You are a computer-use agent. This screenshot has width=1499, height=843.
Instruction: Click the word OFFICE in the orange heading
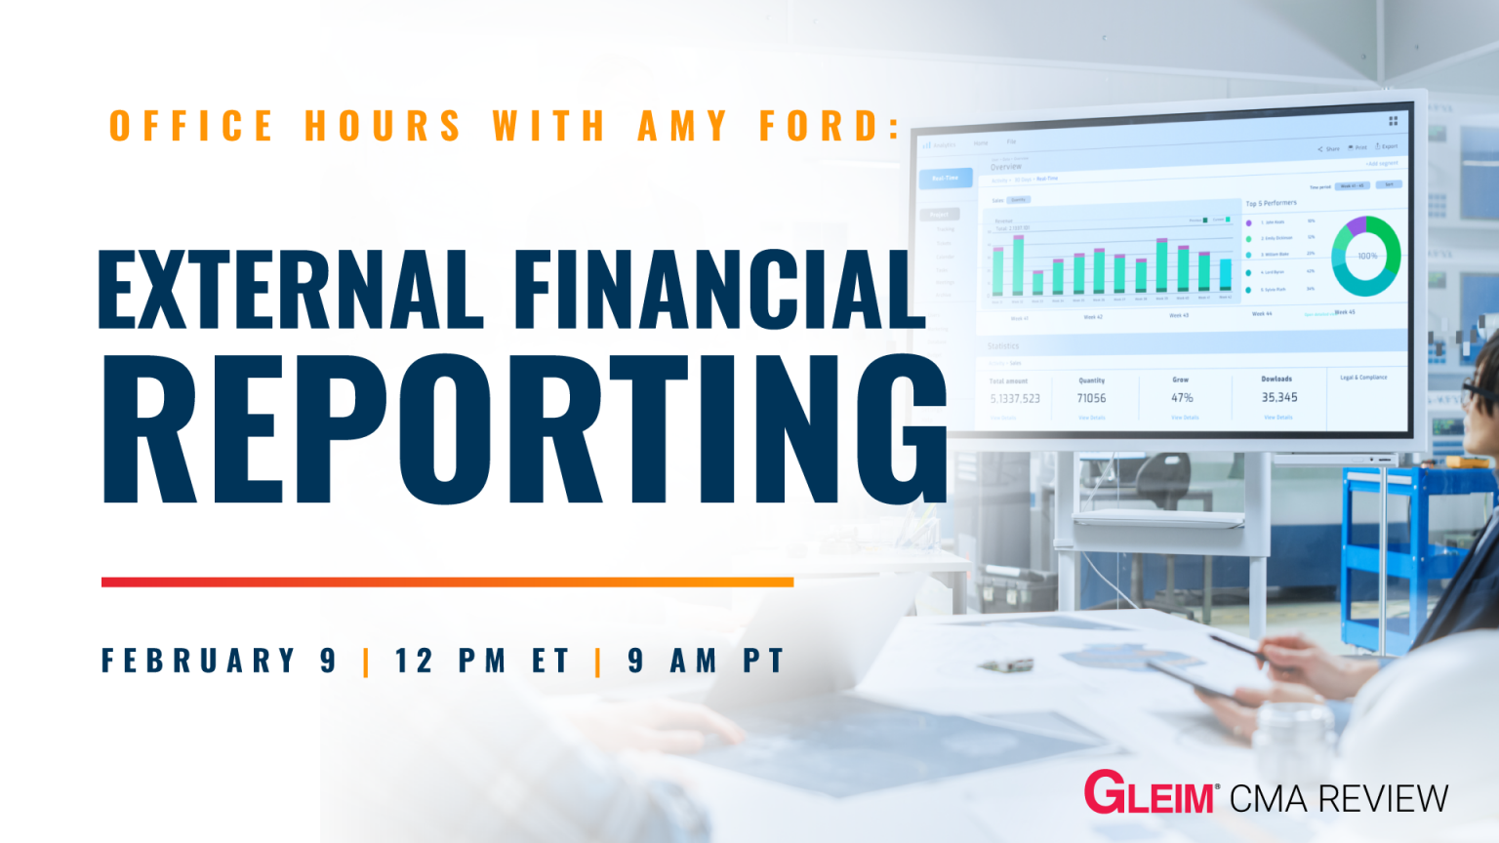[x=191, y=127]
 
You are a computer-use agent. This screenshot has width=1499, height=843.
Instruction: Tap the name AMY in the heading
[x=683, y=127]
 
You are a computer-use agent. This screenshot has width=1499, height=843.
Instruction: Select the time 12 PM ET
[x=482, y=661]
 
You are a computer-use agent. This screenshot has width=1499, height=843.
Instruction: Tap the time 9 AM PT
[x=706, y=661]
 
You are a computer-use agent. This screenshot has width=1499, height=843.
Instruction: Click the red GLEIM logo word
[x=1149, y=793]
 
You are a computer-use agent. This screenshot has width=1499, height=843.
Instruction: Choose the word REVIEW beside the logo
[x=1383, y=799]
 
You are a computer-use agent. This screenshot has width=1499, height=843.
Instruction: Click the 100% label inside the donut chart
[x=1367, y=256]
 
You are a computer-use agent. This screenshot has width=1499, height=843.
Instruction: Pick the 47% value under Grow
[x=1182, y=398]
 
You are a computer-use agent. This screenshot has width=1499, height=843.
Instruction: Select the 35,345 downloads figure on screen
[x=1279, y=397]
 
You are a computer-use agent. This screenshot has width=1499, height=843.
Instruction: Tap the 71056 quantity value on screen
[x=1091, y=398]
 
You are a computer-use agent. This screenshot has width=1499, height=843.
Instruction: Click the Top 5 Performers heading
[x=1271, y=203]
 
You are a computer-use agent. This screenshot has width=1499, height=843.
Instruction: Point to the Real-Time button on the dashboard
[x=945, y=178]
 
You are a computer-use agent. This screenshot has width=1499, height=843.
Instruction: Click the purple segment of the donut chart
[x=1356, y=226]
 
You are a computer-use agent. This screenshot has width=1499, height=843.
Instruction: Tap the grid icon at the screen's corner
[x=1394, y=121]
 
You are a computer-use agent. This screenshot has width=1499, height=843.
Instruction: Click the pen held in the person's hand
[x=1235, y=644]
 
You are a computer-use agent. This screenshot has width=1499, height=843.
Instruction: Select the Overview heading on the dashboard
[x=1006, y=167]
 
